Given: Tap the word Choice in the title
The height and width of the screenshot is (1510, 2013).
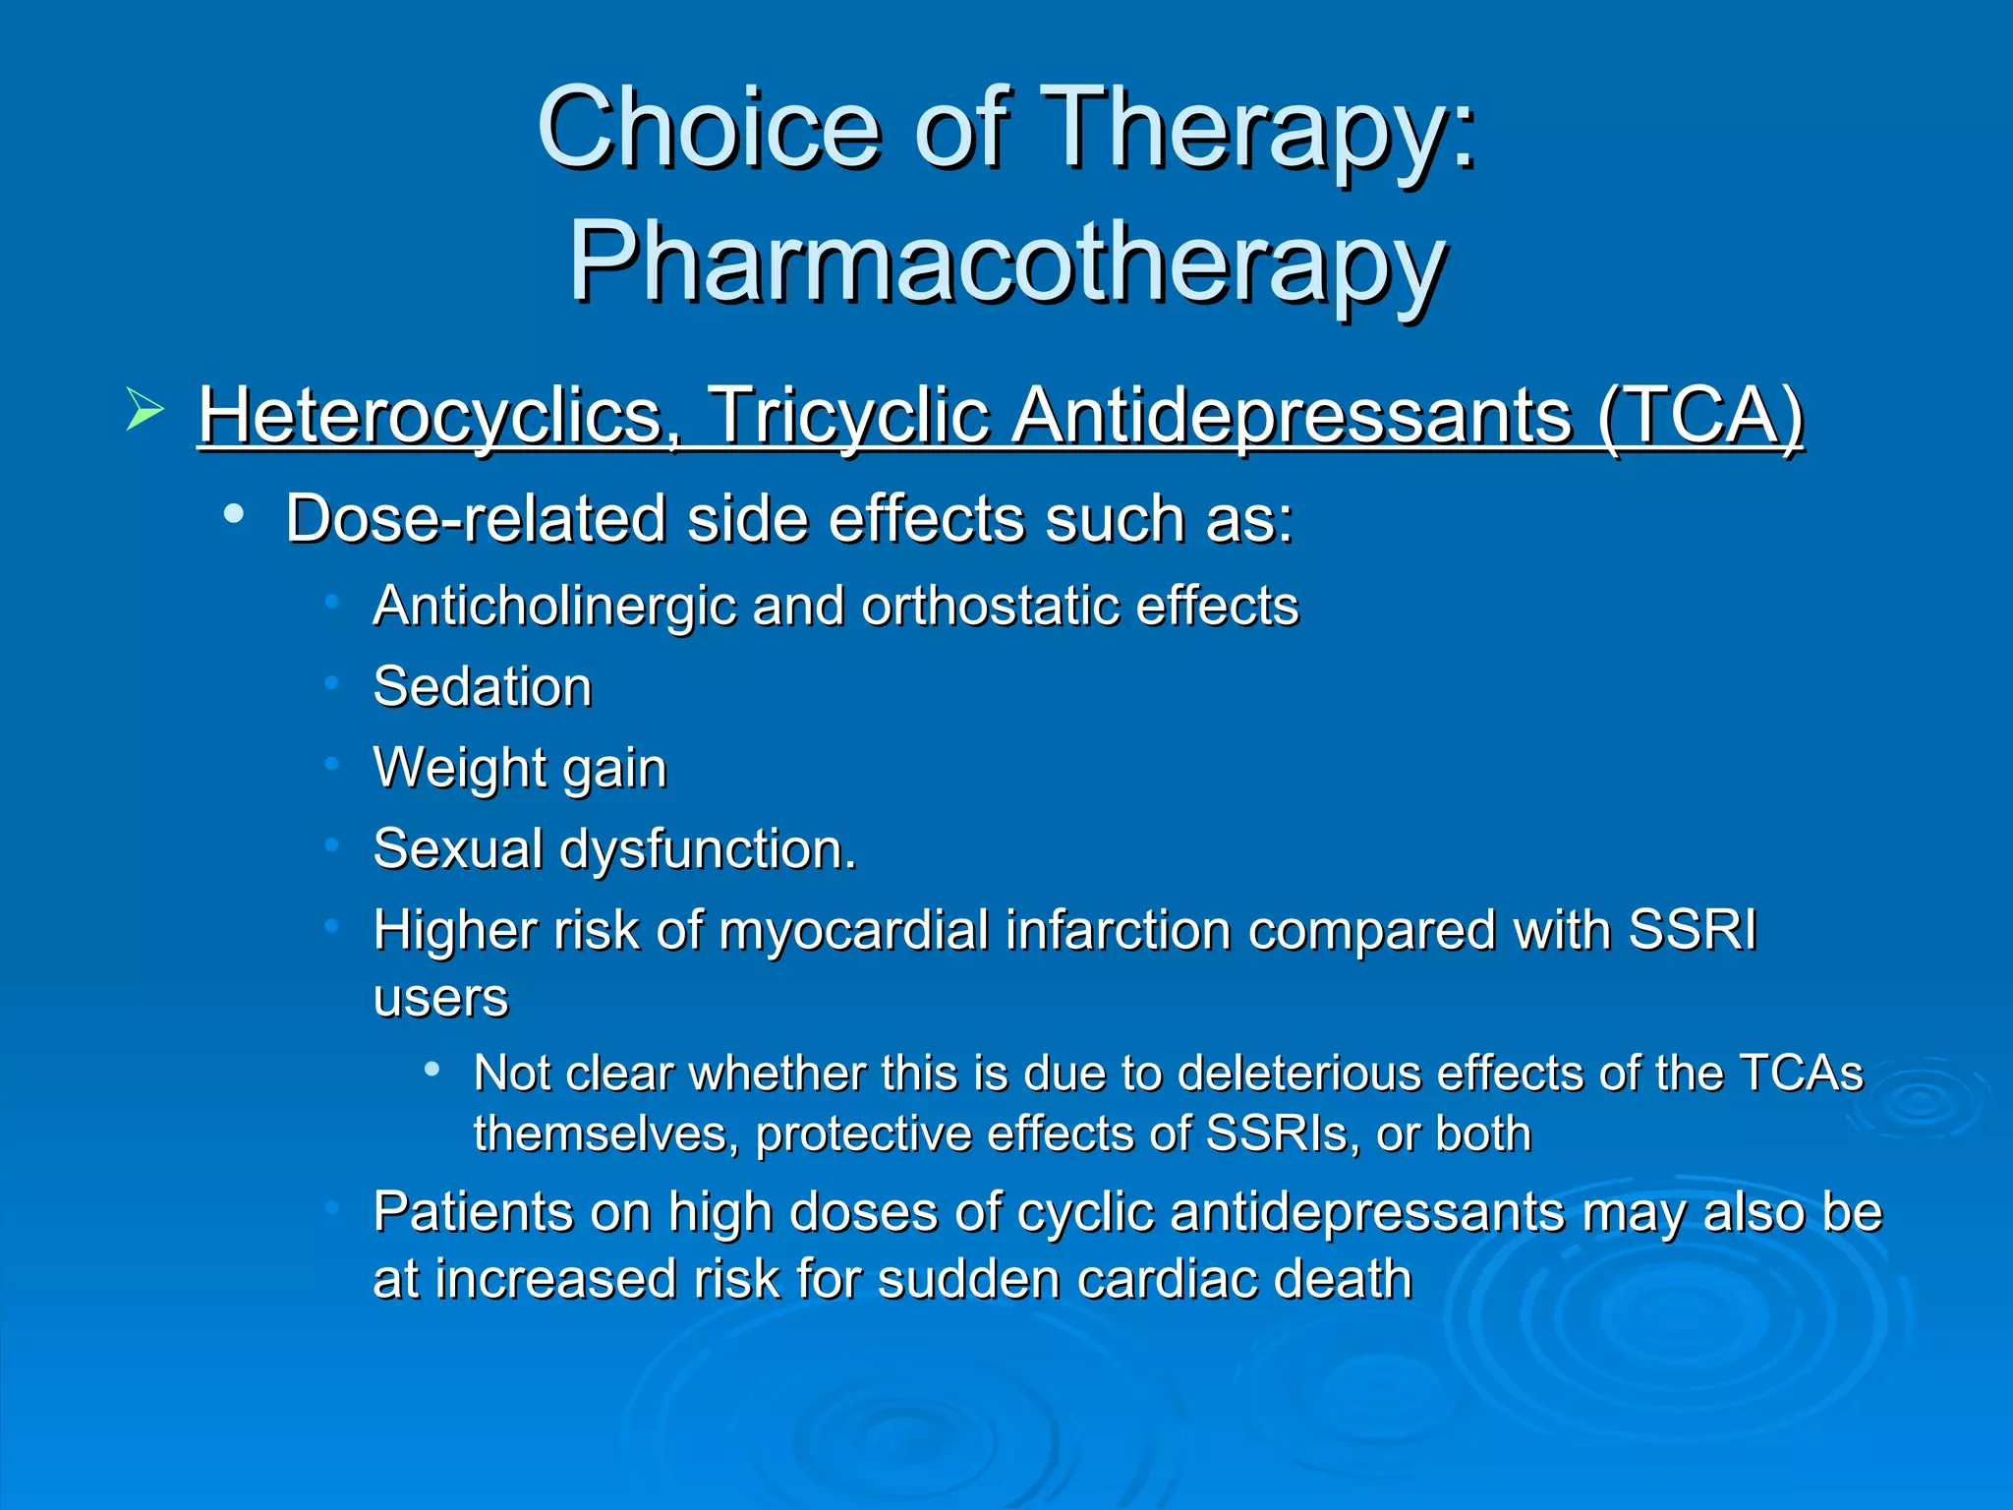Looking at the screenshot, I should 708,128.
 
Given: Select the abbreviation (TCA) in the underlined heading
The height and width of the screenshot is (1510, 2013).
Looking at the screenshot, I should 1700,415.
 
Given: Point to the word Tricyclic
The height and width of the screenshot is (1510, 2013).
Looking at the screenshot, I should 847,415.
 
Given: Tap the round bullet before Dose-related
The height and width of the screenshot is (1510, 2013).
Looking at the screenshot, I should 233,514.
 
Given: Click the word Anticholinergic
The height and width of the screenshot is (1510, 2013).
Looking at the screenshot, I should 554,606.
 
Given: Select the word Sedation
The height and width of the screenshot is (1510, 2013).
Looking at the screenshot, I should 483,686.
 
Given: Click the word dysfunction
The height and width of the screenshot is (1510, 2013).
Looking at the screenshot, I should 708,848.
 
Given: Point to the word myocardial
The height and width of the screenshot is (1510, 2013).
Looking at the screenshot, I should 853,930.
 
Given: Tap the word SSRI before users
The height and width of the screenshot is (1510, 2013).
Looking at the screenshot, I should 1692,930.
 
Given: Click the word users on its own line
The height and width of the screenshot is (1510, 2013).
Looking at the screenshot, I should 440,999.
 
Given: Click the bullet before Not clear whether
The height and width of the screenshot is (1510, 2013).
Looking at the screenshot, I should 431,1070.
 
